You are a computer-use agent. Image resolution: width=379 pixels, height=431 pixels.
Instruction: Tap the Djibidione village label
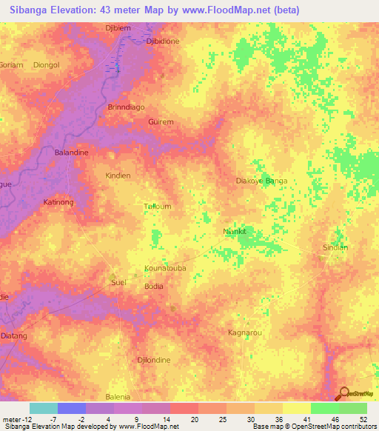point(163,41)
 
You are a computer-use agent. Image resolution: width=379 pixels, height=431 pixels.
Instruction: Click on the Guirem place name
point(161,121)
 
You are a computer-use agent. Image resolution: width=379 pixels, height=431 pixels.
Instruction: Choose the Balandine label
point(72,152)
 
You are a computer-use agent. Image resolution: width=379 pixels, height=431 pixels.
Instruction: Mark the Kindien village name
point(118,176)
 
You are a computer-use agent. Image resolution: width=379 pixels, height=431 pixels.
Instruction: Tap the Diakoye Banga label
point(261,181)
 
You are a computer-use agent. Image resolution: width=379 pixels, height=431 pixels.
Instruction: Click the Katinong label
point(58,201)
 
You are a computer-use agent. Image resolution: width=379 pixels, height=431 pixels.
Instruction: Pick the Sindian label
point(335,247)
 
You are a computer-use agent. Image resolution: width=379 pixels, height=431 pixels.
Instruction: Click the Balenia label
point(118,397)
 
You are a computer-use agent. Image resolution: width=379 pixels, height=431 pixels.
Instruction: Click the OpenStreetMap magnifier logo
point(343,393)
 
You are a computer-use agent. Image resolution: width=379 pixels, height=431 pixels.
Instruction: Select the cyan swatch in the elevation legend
point(44,408)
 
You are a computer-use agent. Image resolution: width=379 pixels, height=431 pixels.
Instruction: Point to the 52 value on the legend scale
point(363,420)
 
